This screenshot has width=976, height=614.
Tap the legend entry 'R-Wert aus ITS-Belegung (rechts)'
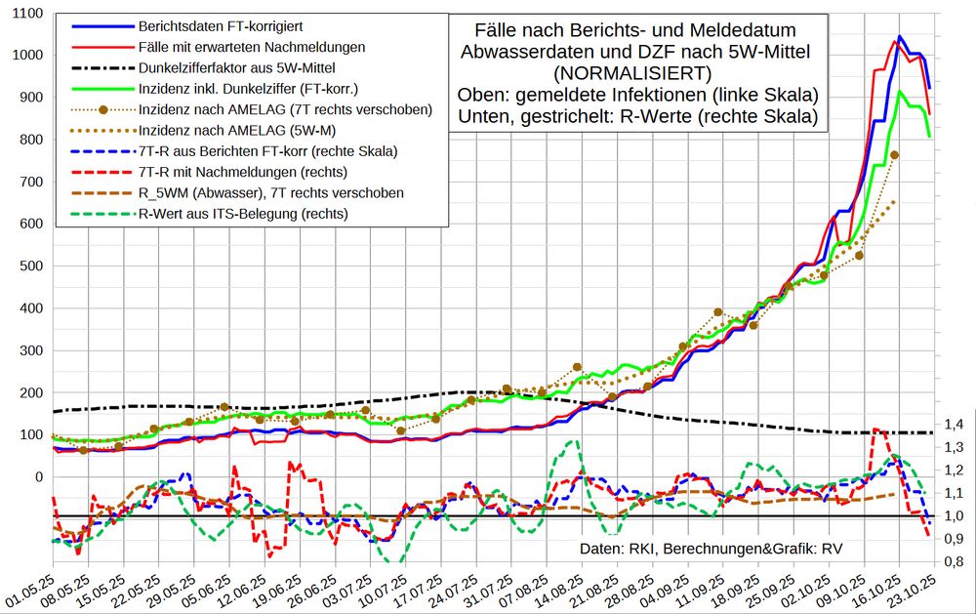pos(243,214)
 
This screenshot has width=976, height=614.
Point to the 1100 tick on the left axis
pos(29,13)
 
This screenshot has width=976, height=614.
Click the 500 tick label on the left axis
pos(33,266)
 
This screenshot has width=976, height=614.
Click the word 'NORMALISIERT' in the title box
pos(630,72)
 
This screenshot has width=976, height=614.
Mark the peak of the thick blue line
pos(900,37)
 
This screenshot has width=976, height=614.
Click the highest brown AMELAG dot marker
pos(894,155)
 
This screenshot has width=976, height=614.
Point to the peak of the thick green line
pos(899,92)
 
